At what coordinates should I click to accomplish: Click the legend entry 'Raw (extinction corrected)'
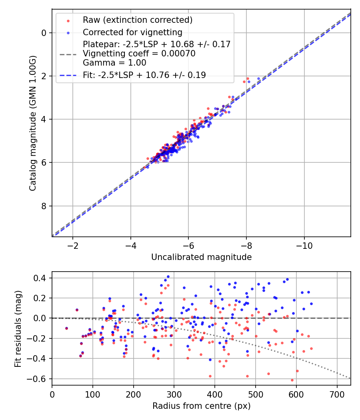pyautogui.click(x=138, y=20)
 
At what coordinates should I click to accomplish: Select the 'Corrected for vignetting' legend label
pyautogui.click(x=132, y=32)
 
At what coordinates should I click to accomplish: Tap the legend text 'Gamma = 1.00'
pyautogui.click(x=114, y=63)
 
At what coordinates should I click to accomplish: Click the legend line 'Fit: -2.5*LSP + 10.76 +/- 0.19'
pyautogui.click(x=144, y=75)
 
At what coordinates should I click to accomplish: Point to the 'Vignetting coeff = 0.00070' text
pyautogui.click(x=139, y=54)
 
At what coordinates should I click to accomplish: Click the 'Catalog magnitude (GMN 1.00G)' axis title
pyautogui.click(x=33, y=123)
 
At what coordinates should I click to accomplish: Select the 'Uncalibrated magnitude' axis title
pyautogui.click(x=201, y=257)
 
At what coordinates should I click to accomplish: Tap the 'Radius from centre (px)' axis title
pyautogui.click(x=201, y=406)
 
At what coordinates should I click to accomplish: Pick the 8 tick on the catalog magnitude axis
pyautogui.click(x=44, y=206)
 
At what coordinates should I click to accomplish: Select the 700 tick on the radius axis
pyautogui.click(x=337, y=394)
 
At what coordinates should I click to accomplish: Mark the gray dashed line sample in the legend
pyautogui.click(x=68, y=54)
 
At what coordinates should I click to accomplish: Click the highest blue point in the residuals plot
pyautogui.click(x=168, y=276)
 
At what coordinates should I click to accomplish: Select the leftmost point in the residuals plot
pyautogui.click(x=66, y=328)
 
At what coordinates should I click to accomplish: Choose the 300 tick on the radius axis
pyautogui.click(x=174, y=394)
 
